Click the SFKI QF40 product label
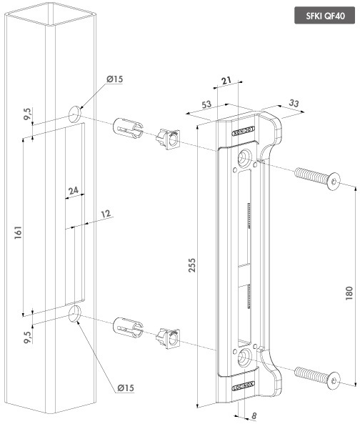325,16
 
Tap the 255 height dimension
192,265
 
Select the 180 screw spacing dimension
349,293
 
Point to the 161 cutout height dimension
18,232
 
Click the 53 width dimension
207,104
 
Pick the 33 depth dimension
294,103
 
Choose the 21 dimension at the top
226,80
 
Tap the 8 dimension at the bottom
254,416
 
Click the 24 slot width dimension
74,190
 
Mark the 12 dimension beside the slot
106,214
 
